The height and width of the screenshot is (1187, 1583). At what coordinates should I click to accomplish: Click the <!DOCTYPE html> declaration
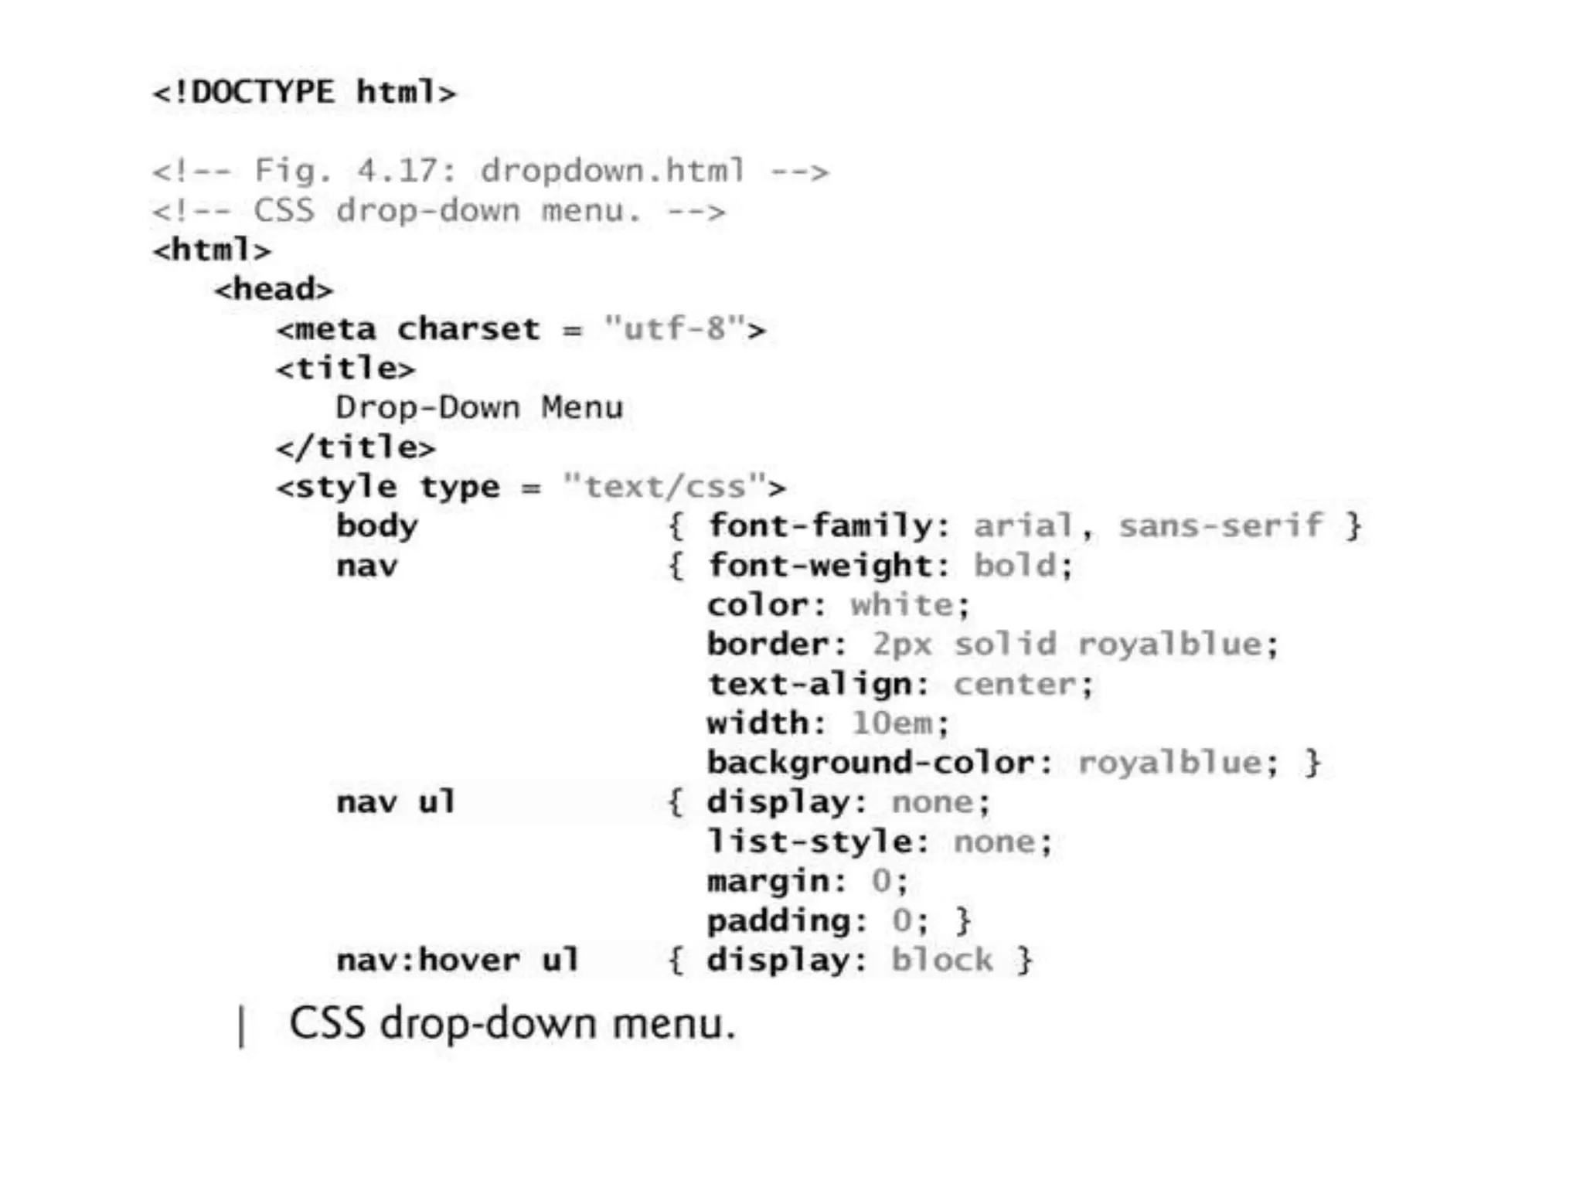(305, 93)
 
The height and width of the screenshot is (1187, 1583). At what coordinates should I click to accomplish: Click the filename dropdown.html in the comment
(613, 171)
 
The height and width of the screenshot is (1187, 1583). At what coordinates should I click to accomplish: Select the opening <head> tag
(274, 290)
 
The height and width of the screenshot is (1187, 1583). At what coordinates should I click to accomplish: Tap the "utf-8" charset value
(675, 329)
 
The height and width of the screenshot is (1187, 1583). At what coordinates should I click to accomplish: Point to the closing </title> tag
(356, 447)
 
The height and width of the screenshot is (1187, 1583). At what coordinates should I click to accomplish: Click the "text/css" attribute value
(665, 487)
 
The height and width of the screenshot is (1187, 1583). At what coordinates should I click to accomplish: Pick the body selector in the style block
(377, 527)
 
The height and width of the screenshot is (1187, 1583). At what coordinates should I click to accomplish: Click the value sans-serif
(1220, 526)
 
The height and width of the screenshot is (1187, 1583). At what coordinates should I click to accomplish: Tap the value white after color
(902, 605)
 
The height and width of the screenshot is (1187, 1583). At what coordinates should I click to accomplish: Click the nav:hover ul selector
(458, 961)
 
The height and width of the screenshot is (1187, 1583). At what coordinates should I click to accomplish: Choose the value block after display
(942, 961)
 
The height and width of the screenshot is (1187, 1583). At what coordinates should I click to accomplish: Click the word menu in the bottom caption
(672, 1024)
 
